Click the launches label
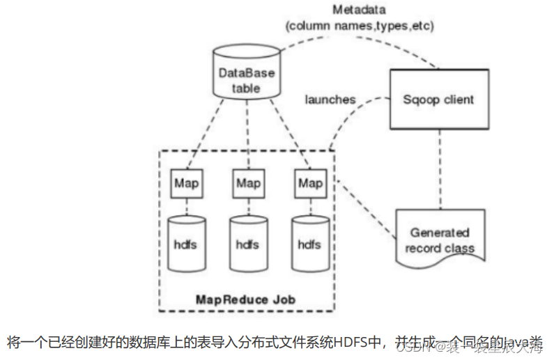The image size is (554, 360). [330, 100]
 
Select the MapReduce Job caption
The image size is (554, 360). [245, 299]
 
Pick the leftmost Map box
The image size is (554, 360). [186, 183]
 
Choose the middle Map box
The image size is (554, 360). [247, 183]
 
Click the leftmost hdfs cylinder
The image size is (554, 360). [186, 244]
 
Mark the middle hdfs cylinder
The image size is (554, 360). [247, 244]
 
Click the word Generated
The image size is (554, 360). [439, 233]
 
